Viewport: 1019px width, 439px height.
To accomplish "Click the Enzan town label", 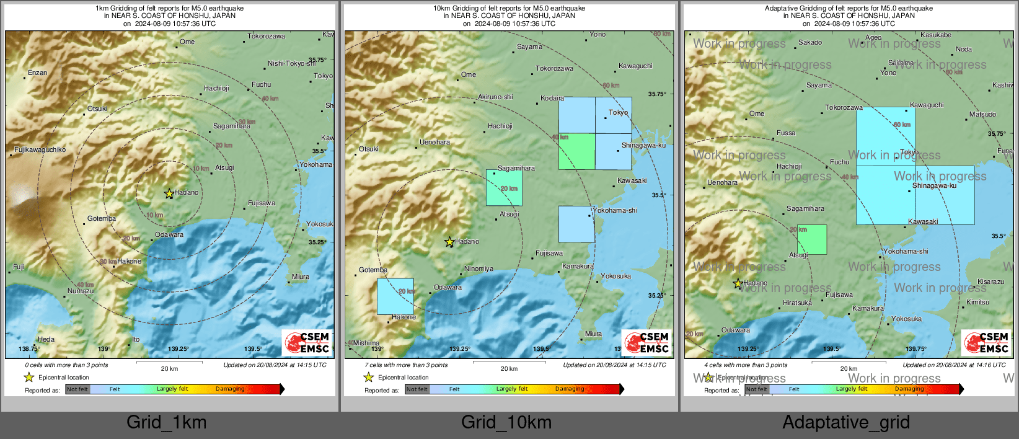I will pyautogui.click(x=37, y=73).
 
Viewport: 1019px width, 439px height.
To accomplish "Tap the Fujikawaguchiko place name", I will pyautogui.click(x=40, y=150).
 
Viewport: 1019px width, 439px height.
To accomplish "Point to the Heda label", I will pyautogui.click(x=46, y=340).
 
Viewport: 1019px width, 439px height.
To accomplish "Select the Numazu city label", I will pyautogui.click(x=81, y=291).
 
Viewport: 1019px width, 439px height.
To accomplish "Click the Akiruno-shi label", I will pyautogui.click(x=495, y=97).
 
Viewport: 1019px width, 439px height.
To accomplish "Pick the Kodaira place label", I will pyautogui.click(x=552, y=99).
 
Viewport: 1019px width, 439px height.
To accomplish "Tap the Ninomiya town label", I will pyautogui.click(x=479, y=269).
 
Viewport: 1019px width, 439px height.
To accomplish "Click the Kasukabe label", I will pyautogui.click(x=936, y=35).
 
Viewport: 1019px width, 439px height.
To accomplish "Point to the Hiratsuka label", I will pyautogui.click(x=797, y=303).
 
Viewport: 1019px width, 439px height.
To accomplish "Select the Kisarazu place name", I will pyautogui.click(x=990, y=282).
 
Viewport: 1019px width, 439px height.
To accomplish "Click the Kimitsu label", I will pyautogui.click(x=978, y=303).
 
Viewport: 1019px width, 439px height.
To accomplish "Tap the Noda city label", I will pyautogui.click(x=964, y=50).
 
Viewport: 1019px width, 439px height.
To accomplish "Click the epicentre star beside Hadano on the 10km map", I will pyautogui.click(x=449, y=242).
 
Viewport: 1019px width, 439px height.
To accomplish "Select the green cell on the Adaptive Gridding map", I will pyautogui.click(x=812, y=239).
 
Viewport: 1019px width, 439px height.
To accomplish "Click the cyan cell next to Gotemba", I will pyautogui.click(x=395, y=296).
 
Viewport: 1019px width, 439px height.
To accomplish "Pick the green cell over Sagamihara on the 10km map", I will pyautogui.click(x=504, y=187).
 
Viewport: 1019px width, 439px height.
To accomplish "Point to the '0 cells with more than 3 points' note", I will pyautogui.click(x=66, y=365).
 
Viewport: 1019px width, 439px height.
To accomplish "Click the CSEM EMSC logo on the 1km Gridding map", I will pyautogui.click(x=307, y=343).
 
